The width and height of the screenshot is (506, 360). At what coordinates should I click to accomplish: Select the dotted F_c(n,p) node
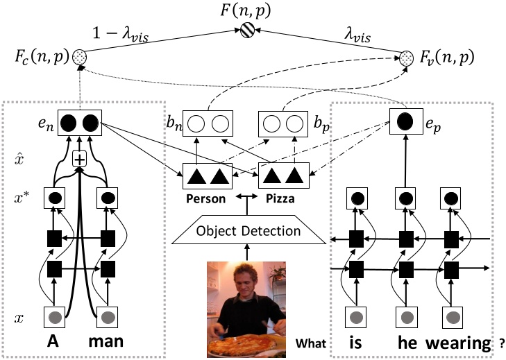click(x=79, y=55)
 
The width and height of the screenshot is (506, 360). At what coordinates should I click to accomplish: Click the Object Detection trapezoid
click(x=247, y=230)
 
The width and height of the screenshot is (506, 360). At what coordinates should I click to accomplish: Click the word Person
click(x=205, y=198)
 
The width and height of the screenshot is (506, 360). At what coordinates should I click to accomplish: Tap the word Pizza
click(x=280, y=198)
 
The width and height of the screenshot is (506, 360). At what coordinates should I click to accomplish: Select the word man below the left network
click(x=110, y=343)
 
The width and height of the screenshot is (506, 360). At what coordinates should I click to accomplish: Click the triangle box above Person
click(x=205, y=176)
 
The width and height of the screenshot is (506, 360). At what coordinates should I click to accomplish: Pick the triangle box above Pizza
click(x=282, y=176)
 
